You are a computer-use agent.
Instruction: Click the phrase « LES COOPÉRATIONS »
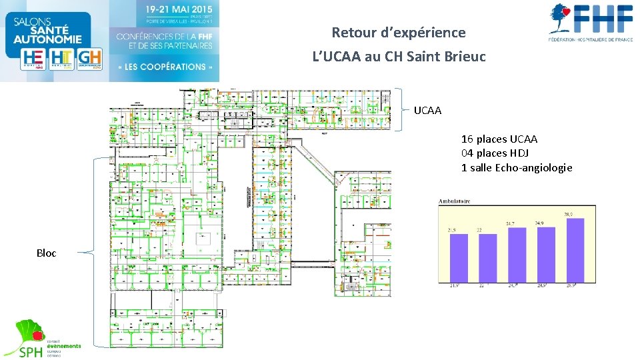click(165, 67)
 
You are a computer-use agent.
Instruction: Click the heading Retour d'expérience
click(399, 32)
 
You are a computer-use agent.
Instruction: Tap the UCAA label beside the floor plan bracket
click(427, 110)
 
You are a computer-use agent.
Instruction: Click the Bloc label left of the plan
click(47, 253)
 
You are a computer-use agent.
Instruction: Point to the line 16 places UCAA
click(499, 139)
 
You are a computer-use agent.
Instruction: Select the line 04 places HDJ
click(495, 153)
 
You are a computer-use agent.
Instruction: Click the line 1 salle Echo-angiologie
click(516, 167)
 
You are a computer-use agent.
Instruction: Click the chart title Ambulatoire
click(454, 200)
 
